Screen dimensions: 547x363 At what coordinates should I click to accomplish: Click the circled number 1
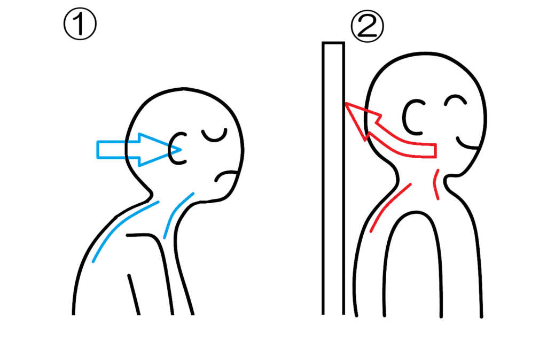pos(80,24)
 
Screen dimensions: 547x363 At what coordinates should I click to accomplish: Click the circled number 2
pos(367,27)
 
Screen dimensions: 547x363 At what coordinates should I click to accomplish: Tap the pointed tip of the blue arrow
pos(181,150)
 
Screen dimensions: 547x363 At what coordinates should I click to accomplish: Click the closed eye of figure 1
pos(214,136)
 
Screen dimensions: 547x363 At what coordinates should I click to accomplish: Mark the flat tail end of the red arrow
pos(436,150)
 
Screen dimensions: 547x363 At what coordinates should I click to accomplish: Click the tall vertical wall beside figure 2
pos(333,178)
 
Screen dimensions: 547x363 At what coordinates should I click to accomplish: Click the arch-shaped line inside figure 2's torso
pos(416,213)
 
